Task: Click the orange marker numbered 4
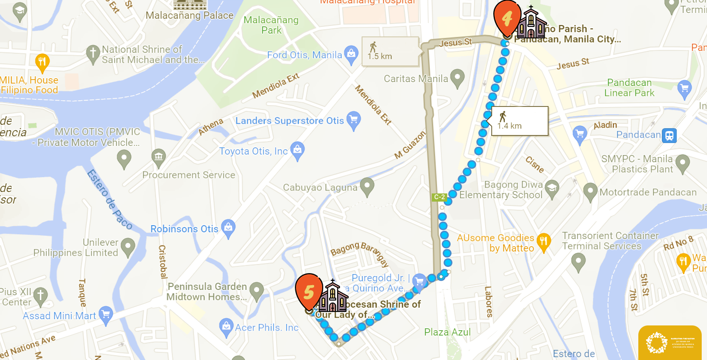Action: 507,18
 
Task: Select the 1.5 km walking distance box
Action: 390,51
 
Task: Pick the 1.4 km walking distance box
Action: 520,120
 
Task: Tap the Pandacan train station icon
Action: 669,135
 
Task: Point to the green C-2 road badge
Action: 439,197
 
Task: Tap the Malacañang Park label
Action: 271,25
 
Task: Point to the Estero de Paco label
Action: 110,199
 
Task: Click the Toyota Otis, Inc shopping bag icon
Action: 298,151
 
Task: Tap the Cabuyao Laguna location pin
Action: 367,186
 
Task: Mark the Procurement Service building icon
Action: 158,156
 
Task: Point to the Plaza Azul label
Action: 448,332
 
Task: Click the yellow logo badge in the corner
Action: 670,342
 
